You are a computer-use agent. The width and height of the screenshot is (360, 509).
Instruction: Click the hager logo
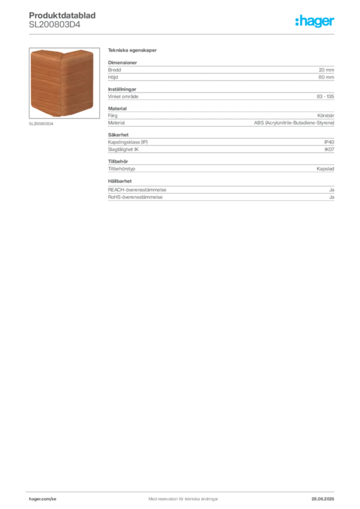tap(315, 21)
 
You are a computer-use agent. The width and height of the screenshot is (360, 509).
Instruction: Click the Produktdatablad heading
tap(62, 15)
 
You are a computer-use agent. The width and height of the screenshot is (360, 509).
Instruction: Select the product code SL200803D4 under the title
tap(55, 24)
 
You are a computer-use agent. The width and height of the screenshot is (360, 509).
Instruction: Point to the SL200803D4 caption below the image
tap(41, 124)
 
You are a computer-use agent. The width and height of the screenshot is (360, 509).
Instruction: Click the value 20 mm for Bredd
tap(326, 70)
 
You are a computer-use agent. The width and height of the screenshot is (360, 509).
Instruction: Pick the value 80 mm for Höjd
tap(326, 77)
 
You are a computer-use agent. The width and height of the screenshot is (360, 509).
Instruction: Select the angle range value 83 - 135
tap(325, 96)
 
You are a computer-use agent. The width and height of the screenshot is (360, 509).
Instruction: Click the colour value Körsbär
tap(326, 115)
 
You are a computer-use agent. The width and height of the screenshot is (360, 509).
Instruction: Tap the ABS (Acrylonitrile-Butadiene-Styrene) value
tap(294, 123)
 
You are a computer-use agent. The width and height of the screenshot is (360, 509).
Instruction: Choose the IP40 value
tap(329, 142)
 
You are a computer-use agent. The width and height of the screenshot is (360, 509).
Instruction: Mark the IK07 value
tap(329, 149)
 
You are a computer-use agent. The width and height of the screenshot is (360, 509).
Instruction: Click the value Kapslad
tap(325, 169)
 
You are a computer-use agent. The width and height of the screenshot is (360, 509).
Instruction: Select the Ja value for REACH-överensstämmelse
tap(332, 189)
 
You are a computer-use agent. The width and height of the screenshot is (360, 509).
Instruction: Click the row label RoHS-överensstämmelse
tap(135, 197)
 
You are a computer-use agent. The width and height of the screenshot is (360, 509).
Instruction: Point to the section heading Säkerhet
tap(118, 135)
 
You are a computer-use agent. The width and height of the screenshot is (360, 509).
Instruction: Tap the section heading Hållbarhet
tap(120, 181)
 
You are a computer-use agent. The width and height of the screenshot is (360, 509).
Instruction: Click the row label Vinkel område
tap(123, 96)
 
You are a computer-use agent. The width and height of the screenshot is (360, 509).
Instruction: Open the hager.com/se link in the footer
tap(43, 499)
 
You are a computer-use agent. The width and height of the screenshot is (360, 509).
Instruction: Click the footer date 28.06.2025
tap(323, 499)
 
